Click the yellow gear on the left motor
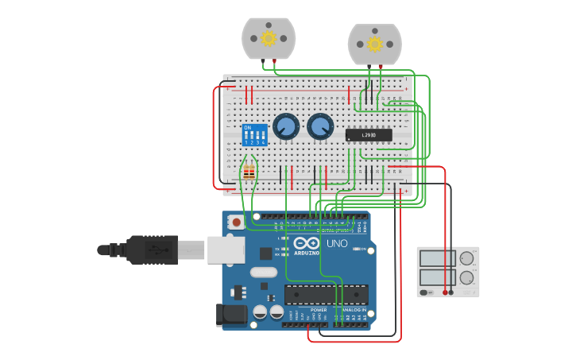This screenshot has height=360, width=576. [269, 38]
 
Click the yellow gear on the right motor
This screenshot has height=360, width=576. [375, 44]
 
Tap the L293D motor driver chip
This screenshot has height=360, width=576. [369, 135]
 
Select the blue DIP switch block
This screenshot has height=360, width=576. [254, 134]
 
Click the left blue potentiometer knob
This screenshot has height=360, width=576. [285, 126]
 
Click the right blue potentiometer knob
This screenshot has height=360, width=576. [320, 126]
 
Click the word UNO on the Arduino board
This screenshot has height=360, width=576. [337, 244]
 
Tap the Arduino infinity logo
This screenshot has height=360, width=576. [306, 243]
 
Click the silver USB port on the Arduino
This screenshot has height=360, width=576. [226, 250]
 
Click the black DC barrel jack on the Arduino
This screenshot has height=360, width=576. [231, 315]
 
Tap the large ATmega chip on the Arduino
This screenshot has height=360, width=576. [326, 294]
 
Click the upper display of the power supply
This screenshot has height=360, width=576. [437, 258]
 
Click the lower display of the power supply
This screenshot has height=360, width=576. [437, 278]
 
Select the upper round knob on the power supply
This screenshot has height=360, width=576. [466, 258]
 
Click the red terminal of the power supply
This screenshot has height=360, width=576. [445, 292]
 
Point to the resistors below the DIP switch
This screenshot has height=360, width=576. [249, 172]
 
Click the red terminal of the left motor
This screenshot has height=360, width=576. [275, 61]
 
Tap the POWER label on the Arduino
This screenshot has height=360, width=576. [319, 310]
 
